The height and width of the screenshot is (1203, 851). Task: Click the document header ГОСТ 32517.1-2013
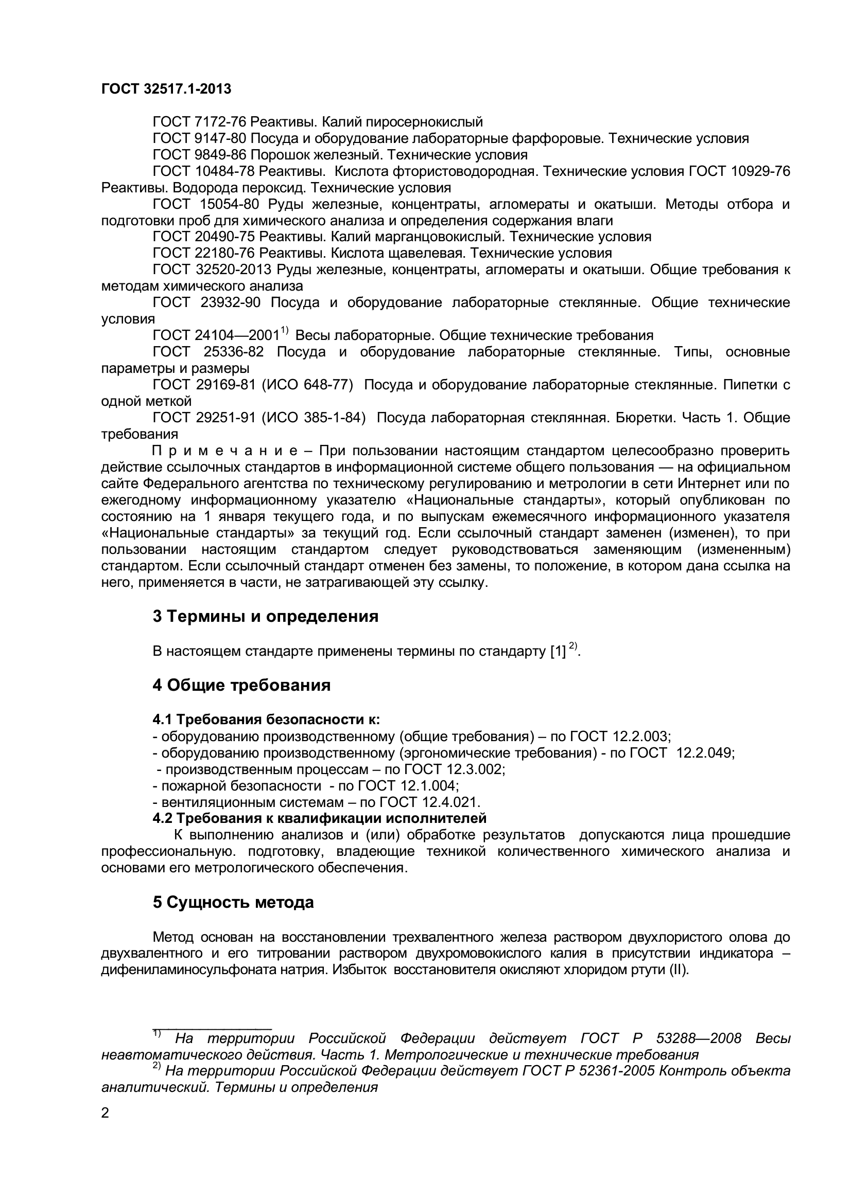[166, 89]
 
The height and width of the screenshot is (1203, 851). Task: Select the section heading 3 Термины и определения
[265, 616]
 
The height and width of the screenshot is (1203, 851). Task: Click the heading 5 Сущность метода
[233, 902]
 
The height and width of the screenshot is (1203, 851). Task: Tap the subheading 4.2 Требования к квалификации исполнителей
[319, 818]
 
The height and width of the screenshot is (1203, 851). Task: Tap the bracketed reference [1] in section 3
[558, 651]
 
